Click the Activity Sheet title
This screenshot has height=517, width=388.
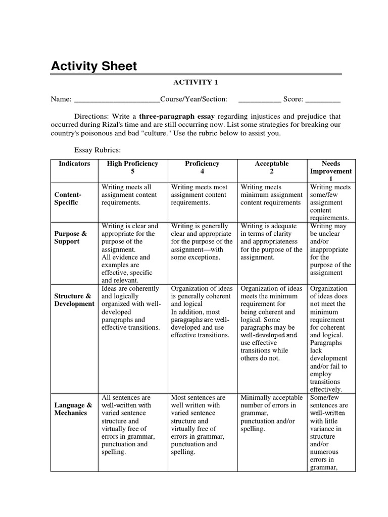[93, 67]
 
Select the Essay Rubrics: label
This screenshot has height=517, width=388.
[98, 150]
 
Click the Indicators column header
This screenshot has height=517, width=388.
[74, 164]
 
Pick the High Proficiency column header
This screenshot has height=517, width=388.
[132, 164]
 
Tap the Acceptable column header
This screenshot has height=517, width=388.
[272, 164]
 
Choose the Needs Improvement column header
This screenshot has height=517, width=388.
[331, 171]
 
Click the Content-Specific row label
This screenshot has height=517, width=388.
[67, 198]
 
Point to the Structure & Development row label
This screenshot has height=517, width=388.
[73, 300]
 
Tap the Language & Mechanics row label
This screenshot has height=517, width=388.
[73, 409]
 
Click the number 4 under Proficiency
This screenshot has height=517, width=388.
[202, 172]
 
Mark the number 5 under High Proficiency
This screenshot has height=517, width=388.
[132, 172]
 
